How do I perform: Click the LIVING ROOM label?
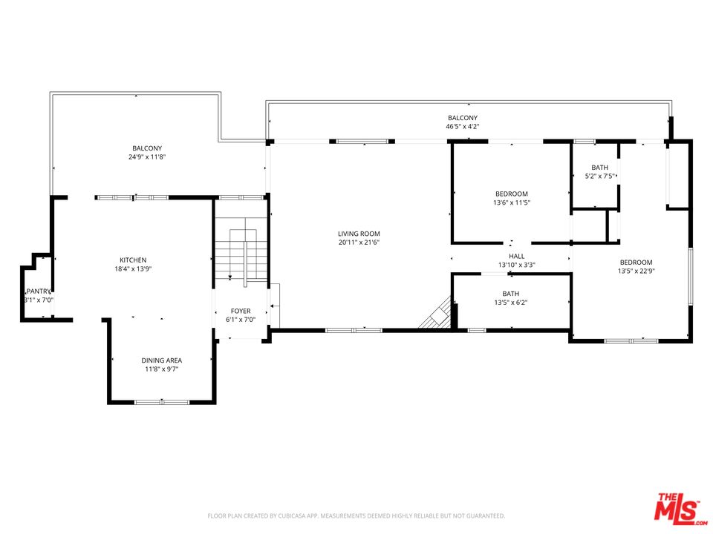[x=359, y=234]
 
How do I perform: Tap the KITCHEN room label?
[x=133, y=260]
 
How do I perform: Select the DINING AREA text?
[x=162, y=360]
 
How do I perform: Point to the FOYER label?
[x=241, y=311]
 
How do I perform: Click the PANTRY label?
[x=38, y=291]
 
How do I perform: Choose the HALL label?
[x=516, y=256]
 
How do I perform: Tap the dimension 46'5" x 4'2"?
[x=462, y=127]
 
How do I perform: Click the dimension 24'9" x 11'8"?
[x=147, y=157]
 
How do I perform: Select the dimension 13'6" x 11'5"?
[x=512, y=202]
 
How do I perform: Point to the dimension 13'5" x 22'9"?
[x=636, y=271]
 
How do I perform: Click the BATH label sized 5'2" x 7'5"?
[x=599, y=168]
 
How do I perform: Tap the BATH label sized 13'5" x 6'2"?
[x=511, y=294]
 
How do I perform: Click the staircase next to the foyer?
[x=240, y=254]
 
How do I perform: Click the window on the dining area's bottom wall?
[x=162, y=402]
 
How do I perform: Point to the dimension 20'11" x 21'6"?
[x=359, y=243]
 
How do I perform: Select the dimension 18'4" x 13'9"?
[x=133, y=268]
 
